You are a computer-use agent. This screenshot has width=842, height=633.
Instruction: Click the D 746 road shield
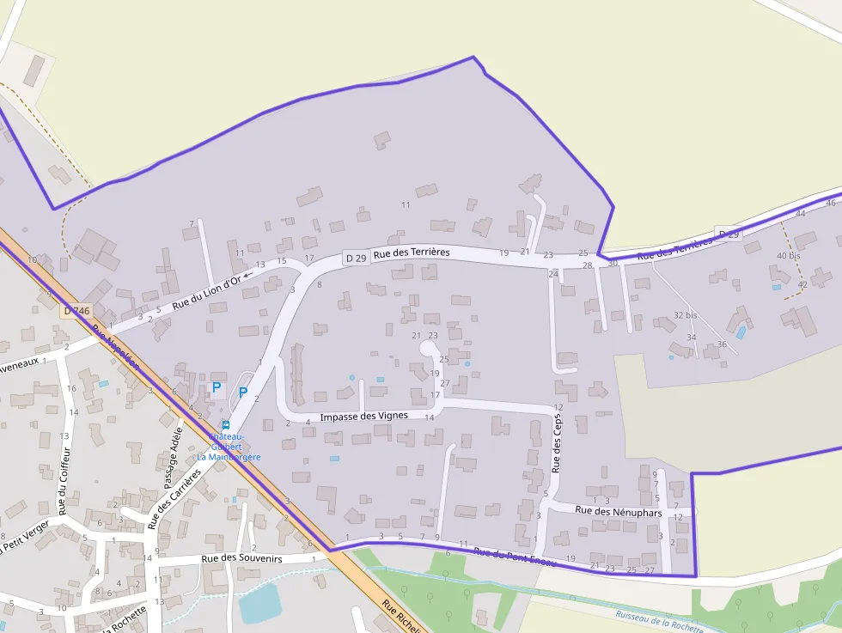click(76, 311)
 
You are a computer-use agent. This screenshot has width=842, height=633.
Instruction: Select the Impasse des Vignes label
click(363, 417)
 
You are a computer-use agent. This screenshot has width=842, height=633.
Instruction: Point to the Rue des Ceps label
click(557, 444)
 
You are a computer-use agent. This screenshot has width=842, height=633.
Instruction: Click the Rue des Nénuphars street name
click(619, 511)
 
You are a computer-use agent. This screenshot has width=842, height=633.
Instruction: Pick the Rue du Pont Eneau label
click(515, 557)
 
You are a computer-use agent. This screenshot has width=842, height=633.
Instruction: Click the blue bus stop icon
click(226, 424)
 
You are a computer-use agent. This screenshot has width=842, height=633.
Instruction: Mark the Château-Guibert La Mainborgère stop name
click(229, 447)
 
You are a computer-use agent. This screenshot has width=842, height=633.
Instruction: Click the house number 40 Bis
click(788, 256)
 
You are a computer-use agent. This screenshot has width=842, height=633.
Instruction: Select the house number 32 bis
click(685, 315)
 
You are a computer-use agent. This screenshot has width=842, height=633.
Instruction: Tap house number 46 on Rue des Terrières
click(830, 203)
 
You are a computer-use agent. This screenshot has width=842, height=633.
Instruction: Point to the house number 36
click(722, 344)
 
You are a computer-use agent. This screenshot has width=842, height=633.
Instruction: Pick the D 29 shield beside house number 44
click(729, 234)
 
